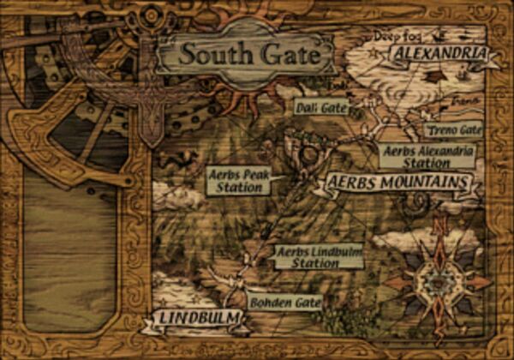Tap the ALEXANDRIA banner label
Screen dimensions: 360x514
[438, 54]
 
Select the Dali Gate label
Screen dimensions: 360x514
[320, 107]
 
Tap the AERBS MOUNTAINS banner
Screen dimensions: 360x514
[397, 183]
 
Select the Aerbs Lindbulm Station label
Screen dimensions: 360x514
[317, 257]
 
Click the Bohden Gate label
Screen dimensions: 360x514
[285, 302]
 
